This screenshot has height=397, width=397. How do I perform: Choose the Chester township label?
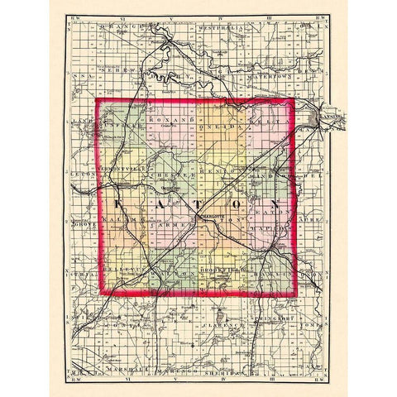click(171, 175)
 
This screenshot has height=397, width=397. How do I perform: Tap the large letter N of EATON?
click(275, 203)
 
